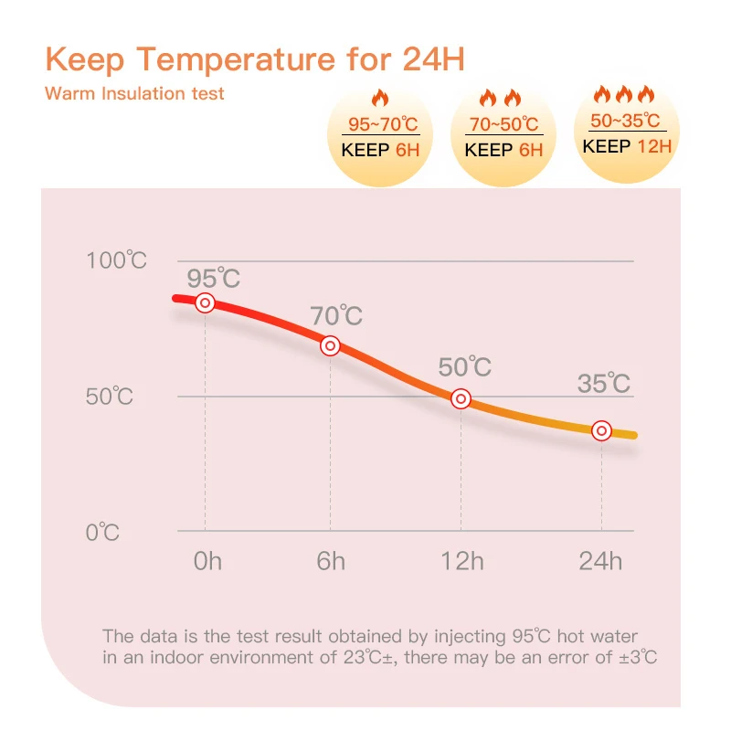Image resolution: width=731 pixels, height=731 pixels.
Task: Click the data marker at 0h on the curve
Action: click(x=205, y=302)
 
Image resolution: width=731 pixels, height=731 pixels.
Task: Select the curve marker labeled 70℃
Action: click(x=331, y=345)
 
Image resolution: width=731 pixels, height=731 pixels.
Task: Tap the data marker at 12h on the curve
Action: click(x=461, y=398)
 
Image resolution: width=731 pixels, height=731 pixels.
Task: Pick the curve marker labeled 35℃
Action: click(x=601, y=430)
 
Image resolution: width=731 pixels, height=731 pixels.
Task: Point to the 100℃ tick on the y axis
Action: click(x=116, y=260)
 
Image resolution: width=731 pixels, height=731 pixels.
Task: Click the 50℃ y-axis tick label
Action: click(x=110, y=397)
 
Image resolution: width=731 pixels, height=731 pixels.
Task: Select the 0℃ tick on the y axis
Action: click(x=102, y=532)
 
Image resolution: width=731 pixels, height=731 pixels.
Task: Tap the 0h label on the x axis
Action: click(x=207, y=560)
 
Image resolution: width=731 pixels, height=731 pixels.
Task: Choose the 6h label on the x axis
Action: click(x=331, y=560)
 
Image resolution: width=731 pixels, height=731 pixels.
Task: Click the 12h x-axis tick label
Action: click(x=461, y=560)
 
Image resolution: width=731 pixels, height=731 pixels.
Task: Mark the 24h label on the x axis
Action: click(x=600, y=560)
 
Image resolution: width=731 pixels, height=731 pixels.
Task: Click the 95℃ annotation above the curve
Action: click(x=214, y=278)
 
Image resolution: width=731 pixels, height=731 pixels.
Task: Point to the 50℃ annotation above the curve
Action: click(x=464, y=367)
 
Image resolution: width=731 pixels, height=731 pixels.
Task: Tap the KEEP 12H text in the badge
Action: click(x=627, y=145)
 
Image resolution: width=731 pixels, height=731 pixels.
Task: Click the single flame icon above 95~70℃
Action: click(x=380, y=99)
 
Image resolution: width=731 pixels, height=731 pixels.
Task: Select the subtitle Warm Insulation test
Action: click(x=134, y=93)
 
